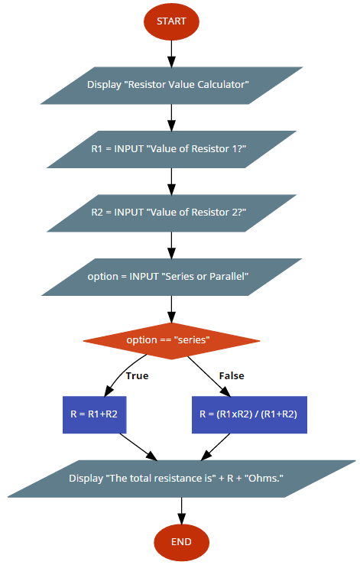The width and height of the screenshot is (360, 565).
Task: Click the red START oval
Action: pos(171,21)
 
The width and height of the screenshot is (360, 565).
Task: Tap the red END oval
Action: pos(181,542)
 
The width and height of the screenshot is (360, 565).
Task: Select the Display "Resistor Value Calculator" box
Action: pos(171,86)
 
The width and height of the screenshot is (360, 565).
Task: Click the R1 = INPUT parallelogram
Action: pos(171,149)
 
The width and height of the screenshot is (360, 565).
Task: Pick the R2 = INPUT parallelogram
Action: pos(171,213)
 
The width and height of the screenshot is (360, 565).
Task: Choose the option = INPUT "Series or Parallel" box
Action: pos(171,277)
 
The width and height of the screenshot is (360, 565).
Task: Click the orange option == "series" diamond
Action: pos(171,341)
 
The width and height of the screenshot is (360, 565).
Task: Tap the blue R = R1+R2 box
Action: pos(95,414)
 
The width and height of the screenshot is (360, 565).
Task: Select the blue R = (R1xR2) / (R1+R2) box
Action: pos(249,414)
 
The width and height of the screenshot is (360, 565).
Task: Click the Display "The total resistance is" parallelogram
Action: pos(181,479)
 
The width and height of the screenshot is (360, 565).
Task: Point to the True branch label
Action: pos(138,376)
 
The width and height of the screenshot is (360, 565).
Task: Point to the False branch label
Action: pos(232,376)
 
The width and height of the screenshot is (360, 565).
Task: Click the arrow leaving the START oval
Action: pos(171,54)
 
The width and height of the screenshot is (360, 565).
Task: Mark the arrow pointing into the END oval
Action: pos(181,511)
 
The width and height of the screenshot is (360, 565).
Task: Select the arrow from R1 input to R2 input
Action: pos(171,181)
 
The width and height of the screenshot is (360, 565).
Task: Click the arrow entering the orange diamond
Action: pos(171,309)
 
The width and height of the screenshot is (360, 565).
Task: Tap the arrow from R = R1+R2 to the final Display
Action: pos(139,446)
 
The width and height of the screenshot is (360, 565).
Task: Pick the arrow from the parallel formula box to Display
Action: pos(215,446)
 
